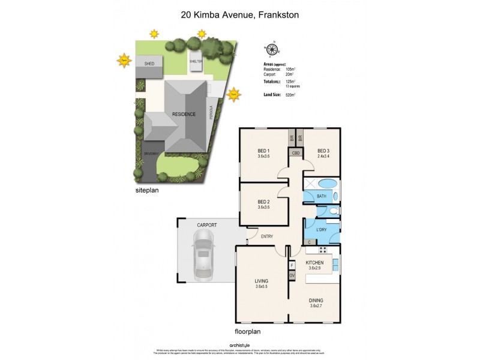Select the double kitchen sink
pyautogui.click(x=336, y=263)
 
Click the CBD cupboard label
pyautogui.click(x=296, y=153)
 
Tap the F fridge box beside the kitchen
pyautogui.click(x=292, y=265)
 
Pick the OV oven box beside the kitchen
pyautogui.click(x=292, y=275)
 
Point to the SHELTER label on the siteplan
pyautogui.click(x=196, y=61)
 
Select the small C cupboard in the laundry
pyautogui.click(x=310, y=242)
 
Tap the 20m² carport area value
pyautogui.click(x=291, y=74)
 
